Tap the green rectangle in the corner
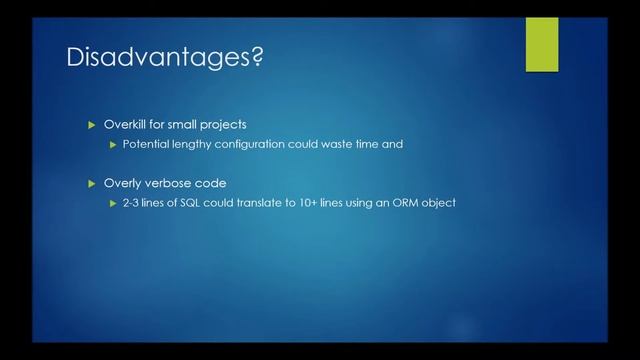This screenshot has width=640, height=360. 542,44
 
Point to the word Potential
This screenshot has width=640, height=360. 147,144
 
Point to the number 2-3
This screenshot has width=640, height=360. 132,203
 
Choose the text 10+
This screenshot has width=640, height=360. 310,203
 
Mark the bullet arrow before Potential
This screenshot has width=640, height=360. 113,144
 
